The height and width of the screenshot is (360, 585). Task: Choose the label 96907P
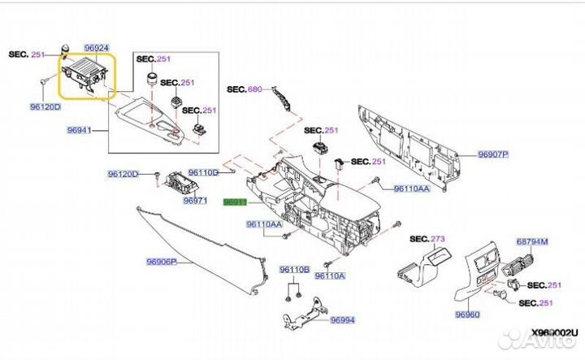coord(492,154)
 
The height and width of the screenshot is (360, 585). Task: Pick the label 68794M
coord(533,241)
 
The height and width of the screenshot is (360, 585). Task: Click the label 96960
coord(468,314)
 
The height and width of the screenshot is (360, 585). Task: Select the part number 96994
coord(343,320)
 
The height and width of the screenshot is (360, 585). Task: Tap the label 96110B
coord(295,269)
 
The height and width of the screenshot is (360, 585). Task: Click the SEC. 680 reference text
coord(245,89)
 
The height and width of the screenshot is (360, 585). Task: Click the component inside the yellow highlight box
coord(84,73)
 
